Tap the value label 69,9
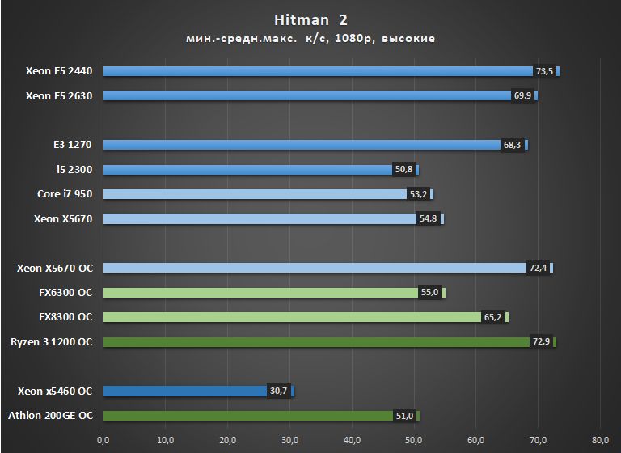pyautogui.click(x=522, y=96)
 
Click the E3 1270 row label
pyautogui.click(x=73, y=145)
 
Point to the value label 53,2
pyautogui.click(x=418, y=194)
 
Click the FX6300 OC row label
pyautogui.click(x=65, y=293)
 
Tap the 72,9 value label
pyautogui.click(x=541, y=342)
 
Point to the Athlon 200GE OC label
pyautogui.click(x=50, y=416)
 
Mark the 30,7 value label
pyautogui.click(x=278, y=392)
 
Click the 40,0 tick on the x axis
pyautogui.click(x=352, y=440)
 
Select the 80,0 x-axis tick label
pyautogui.click(x=599, y=440)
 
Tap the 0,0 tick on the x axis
pyautogui.click(x=103, y=440)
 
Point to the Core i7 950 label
pyautogui.click(x=65, y=194)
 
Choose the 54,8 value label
pyautogui.click(x=429, y=219)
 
